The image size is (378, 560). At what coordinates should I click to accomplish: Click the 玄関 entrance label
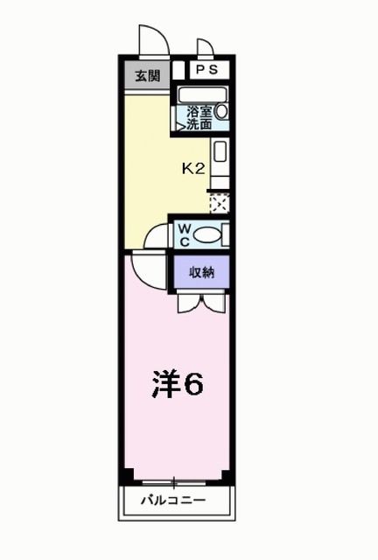[145, 76]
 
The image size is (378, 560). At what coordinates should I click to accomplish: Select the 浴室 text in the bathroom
[199, 111]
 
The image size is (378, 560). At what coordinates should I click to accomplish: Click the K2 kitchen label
[192, 169]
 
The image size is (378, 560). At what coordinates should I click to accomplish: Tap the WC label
[185, 234]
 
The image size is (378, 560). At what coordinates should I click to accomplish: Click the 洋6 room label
[179, 383]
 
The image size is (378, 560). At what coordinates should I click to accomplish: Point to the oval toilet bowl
[206, 234]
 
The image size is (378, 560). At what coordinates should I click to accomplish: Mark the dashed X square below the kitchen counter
[220, 203]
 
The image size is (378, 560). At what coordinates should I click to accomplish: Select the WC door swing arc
[155, 234]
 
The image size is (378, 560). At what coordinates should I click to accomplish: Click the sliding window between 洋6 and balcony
[176, 481]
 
